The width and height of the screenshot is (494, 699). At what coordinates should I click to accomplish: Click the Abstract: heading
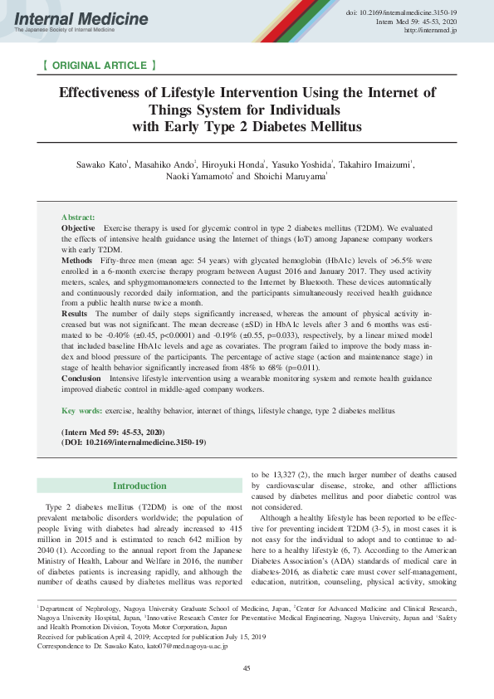[78, 217]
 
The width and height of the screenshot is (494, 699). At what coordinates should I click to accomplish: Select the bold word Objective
[78, 227]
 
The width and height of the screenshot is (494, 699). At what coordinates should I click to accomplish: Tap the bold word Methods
[77, 260]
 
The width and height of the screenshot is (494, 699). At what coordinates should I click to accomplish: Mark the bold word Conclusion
[81, 377]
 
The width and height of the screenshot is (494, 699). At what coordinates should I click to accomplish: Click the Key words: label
[82, 410]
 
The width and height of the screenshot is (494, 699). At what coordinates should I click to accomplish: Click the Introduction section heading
[139, 486]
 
